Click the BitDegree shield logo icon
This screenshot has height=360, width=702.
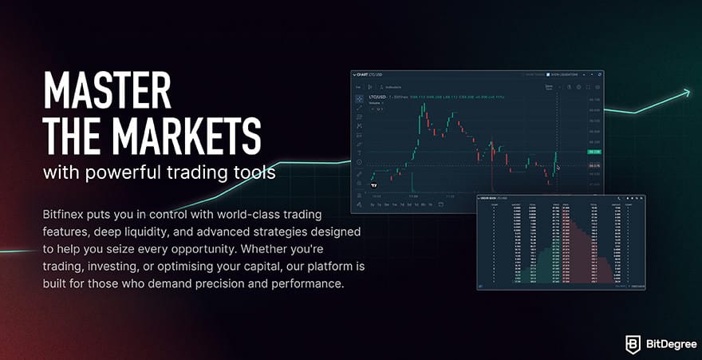pos(633,343)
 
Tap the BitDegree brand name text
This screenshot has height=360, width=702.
pos(667,344)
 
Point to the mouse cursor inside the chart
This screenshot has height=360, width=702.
pos(558,166)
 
